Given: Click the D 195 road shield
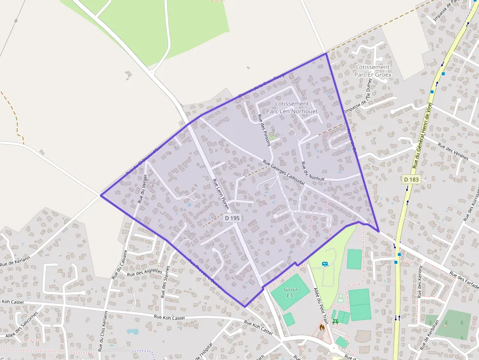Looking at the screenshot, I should (232, 218).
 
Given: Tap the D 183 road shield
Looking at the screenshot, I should (412, 180).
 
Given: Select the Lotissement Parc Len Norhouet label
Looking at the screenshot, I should (292, 107).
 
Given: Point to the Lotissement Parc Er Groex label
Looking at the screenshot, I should (373, 71).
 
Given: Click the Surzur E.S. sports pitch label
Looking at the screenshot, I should (290, 292).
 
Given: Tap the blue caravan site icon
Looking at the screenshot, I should (325, 264).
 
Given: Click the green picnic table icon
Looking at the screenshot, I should (336, 321).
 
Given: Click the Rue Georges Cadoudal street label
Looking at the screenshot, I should (283, 172).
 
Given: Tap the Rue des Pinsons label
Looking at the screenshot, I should (264, 128).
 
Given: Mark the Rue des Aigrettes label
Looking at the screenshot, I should (144, 272).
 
